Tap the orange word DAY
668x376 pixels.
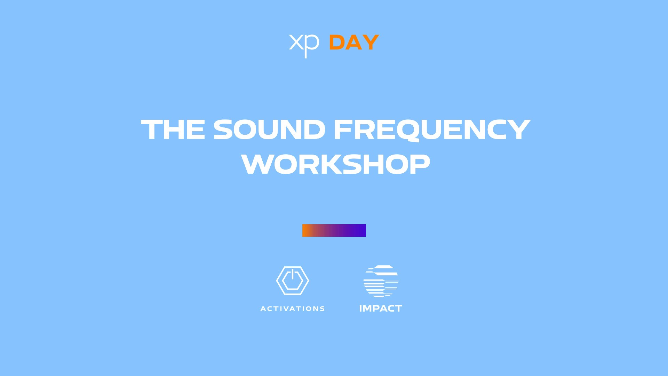tap(354, 42)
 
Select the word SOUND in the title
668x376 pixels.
tap(269, 130)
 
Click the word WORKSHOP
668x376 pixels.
tap(336, 164)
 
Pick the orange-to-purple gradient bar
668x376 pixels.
tap(334, 230)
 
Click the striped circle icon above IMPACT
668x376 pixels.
tap(381, 281)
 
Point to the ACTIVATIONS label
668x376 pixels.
tap(293, 309)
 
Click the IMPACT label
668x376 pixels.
tap(381, 308)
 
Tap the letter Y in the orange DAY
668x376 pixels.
tap(371, 42)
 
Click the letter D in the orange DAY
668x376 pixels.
tap(337, 42)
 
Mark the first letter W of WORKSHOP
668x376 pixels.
tap(256, 164)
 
